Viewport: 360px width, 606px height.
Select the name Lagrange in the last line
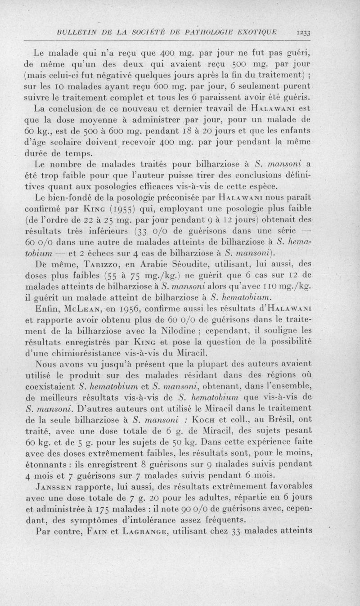coord(153,530)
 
